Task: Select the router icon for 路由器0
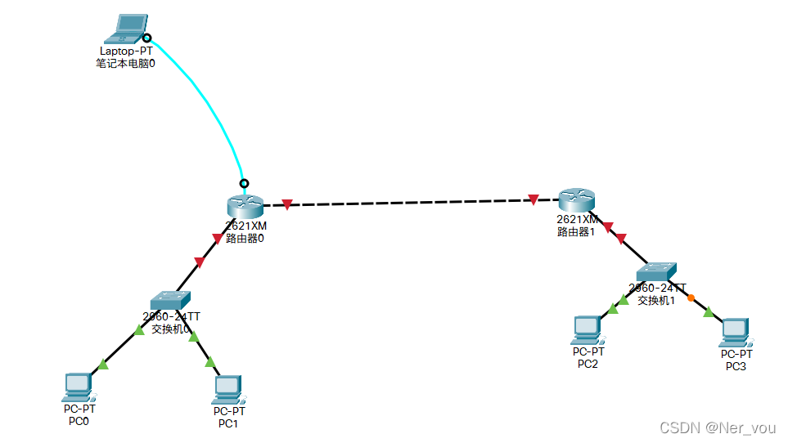[x=245, y=205]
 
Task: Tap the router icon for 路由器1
[x=577, y=199]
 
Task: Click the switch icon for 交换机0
[x=171, y=299]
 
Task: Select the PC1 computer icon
[x=227, y=389]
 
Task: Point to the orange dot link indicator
[x=691, y=298]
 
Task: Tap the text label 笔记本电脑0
[x=125, y=63]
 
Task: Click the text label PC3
[x=736, y=366]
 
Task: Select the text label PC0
[x=79, y=421]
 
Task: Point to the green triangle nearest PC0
[x=102, y=364]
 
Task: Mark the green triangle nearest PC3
[x=709, y=311]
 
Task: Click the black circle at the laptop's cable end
[x=146, y=38]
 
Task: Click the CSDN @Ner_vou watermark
[x=719, y=427]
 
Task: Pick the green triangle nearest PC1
[x=210, y=361]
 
